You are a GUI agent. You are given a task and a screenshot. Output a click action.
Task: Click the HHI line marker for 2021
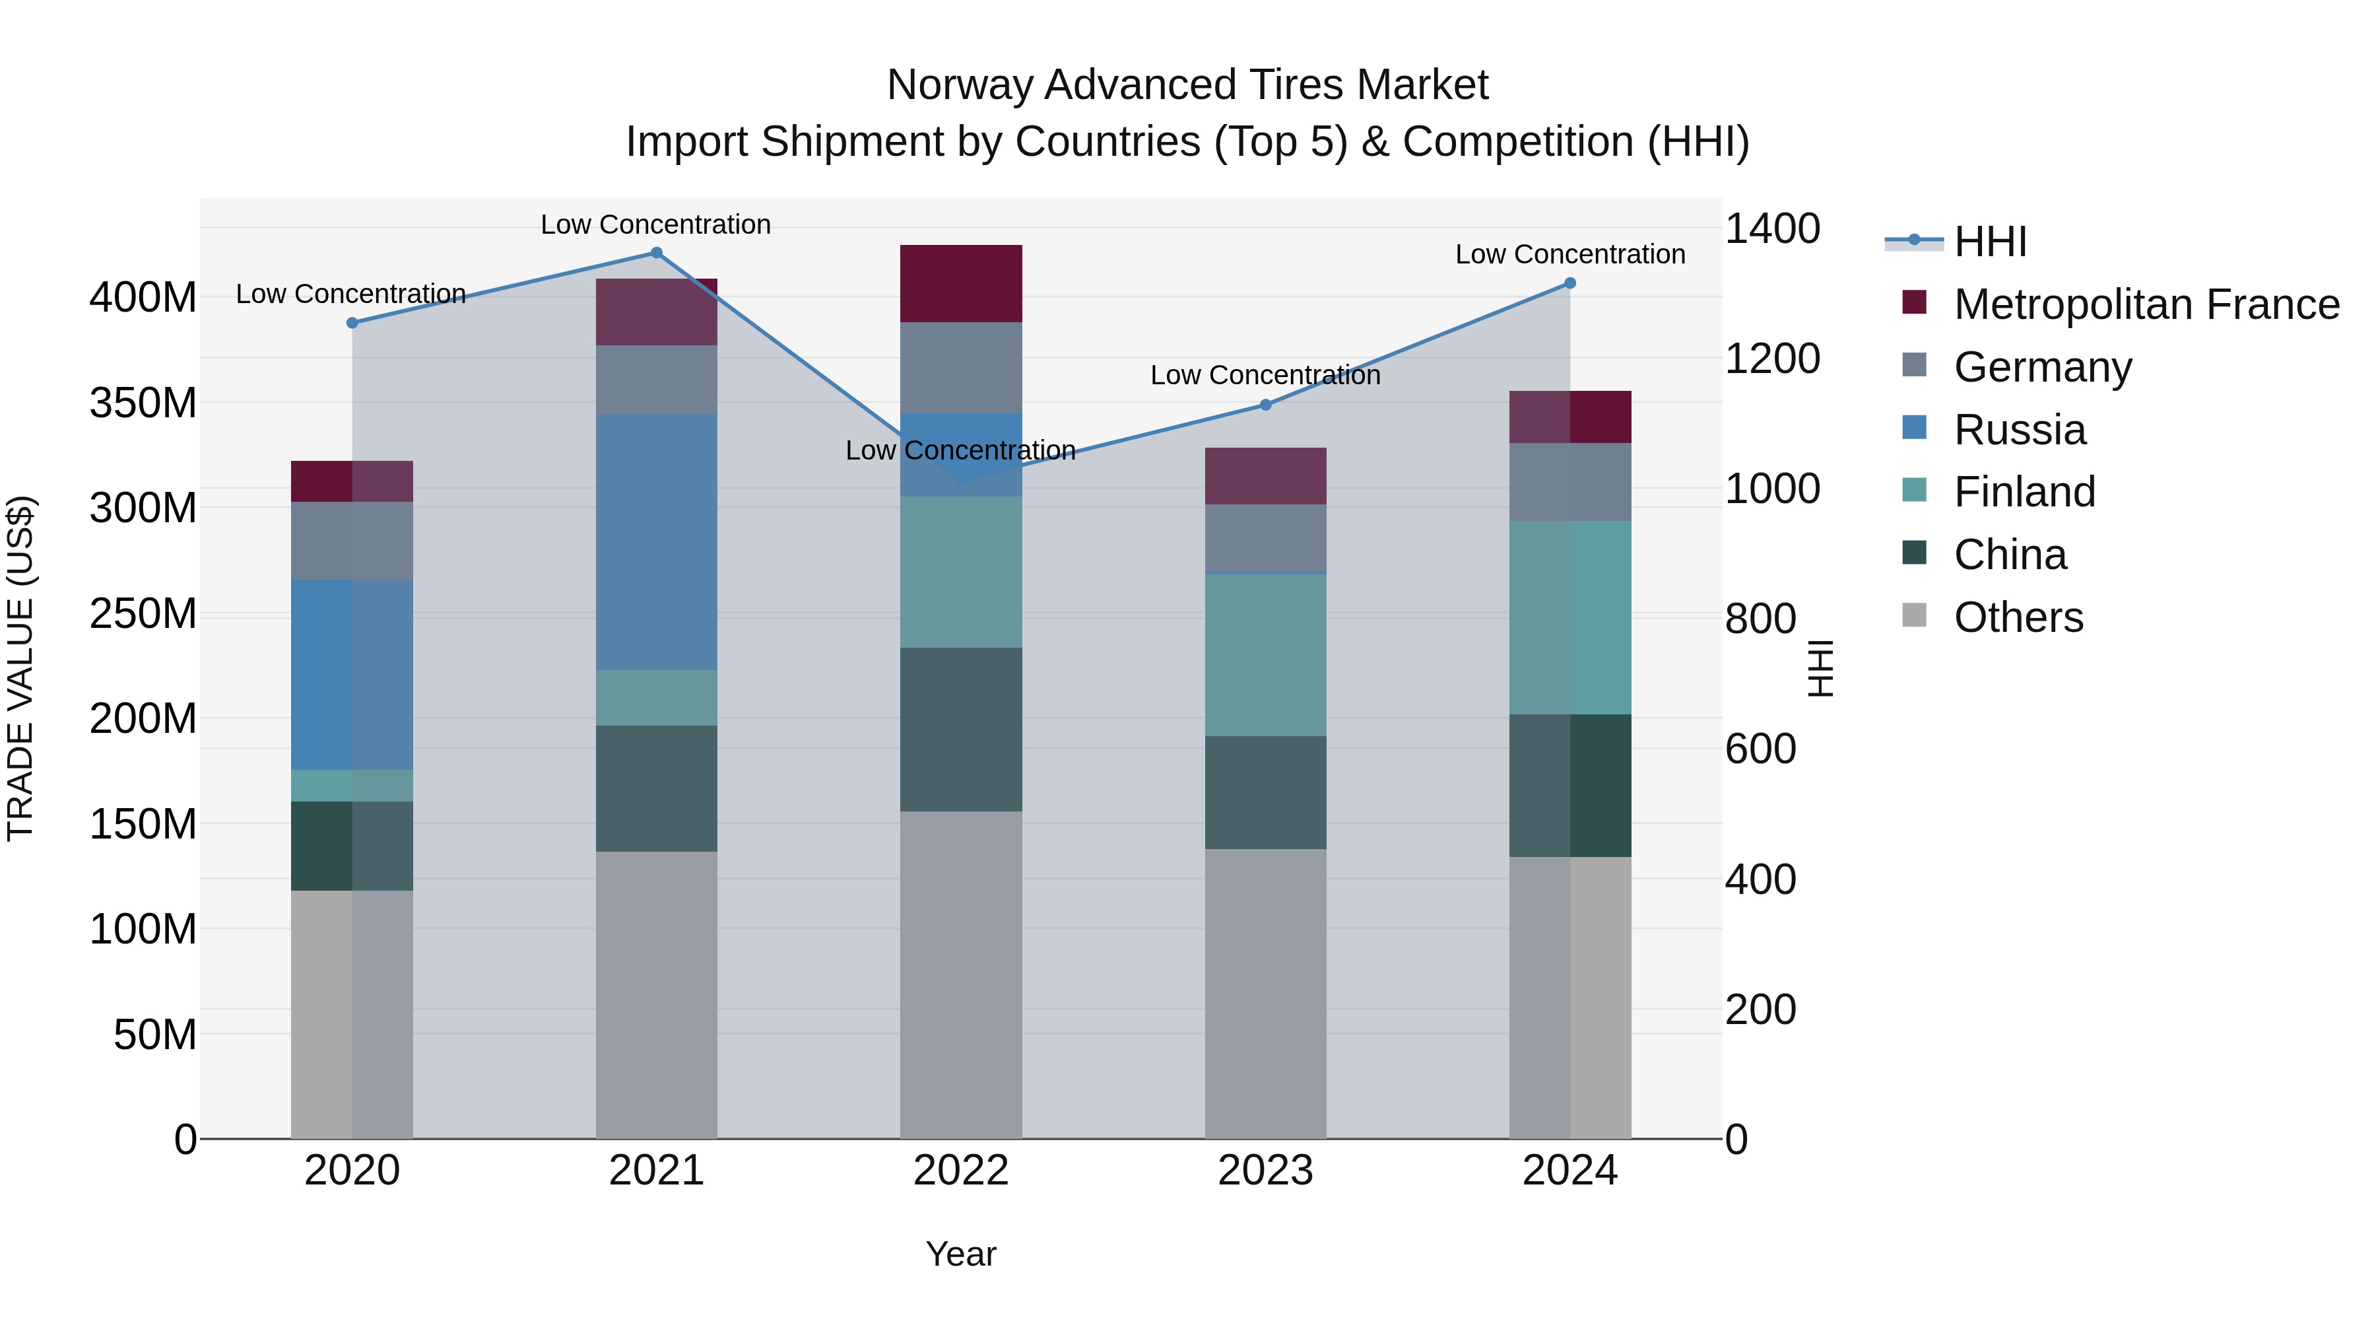pyautogui.click(x=657, y=253)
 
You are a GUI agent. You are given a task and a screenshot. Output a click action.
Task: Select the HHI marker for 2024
pyautogui.click(x=1570, y=283)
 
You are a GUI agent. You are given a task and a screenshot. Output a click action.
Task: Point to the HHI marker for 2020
pyautogui.click(x=352, y=323)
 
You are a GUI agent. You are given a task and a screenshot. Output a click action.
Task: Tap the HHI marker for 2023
pyautogui.click(x=1265, y=405)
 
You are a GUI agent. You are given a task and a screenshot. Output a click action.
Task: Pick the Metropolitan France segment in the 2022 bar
pyautogui.click(x=961, y=283)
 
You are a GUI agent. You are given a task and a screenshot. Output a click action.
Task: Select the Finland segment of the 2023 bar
pyautogui.click(x=1265, y=655)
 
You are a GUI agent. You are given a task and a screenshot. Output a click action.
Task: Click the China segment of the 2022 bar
pyautogui.click(x=961, y=729)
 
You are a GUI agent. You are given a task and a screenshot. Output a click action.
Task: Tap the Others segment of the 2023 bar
pyautogui.click(x=1265, y=993)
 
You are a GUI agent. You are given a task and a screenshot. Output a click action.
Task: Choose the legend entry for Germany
pyautogui.click(x=2042, y=367)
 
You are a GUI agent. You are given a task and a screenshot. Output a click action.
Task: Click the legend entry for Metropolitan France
pyautogui.click(x=2146, y=304)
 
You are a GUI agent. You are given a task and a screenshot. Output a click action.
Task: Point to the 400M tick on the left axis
pyautogui.click(x=143, y=298)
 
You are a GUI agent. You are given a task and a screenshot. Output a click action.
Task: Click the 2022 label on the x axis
pyautogui.click(x=961, y=1171)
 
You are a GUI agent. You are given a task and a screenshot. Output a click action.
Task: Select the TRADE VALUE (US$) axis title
pyautogui.click(x=21, y=668)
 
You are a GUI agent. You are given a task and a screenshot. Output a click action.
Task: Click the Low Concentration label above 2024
pyautogui.click(x=1570, y=255)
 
